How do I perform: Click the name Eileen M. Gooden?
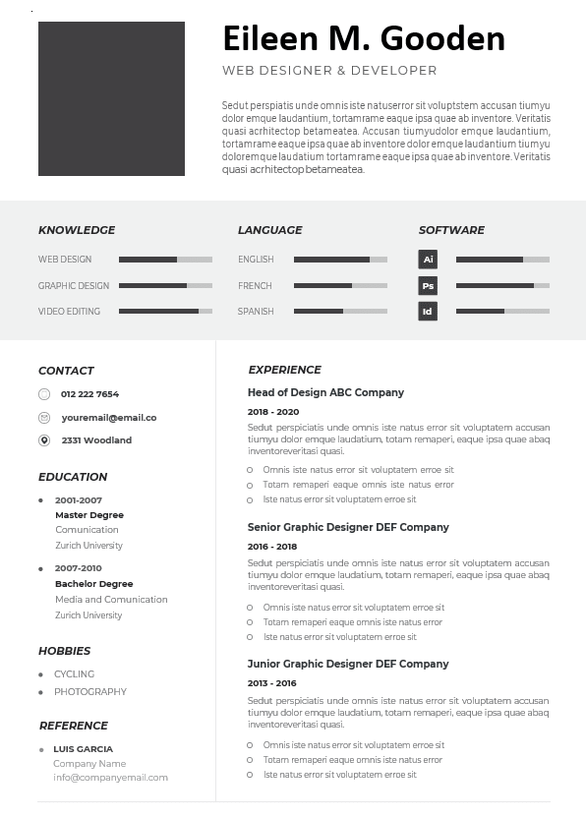pos(364,38)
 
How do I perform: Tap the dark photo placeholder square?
pos(111,98)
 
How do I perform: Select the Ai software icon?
pos(428,260)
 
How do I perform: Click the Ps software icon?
pos(428,286)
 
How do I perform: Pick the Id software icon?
pos(428,312)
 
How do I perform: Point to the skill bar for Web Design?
pos(165,260)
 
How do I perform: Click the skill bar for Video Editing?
pos(165,312)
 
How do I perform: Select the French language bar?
pos(340,286)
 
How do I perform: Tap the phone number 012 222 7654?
pos(89,394)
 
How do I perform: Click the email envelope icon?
pos(44,418)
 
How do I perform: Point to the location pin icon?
pos(44,440)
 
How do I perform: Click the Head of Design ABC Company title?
pos(325,392)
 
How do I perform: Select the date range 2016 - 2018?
pos(272,547)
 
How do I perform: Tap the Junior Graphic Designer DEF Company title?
pos(348,664)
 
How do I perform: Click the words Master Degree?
pos(89,515)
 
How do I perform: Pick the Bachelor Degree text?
pos(94,584)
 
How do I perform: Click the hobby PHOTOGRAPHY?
pos(90,692)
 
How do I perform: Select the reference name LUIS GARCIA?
pos(83,749)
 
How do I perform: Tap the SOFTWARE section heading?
pos(451,230)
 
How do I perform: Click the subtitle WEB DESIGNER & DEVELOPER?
pos(329,71)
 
